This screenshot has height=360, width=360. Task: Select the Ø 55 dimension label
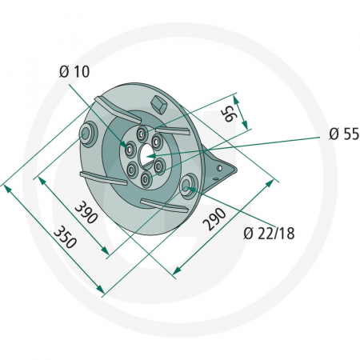coord(342,134)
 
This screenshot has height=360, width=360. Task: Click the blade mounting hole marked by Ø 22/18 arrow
coord(189,187)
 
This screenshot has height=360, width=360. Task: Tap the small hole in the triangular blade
coord(220,169)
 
